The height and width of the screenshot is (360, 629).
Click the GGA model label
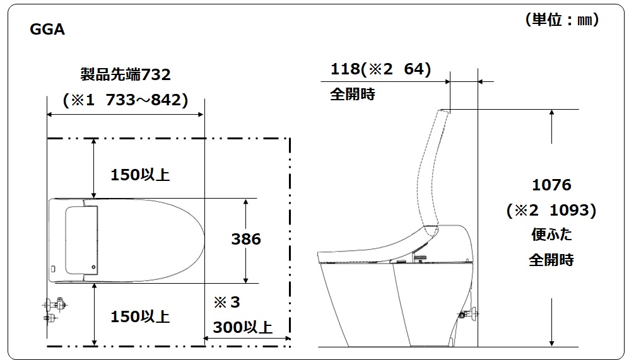tap(47, 29)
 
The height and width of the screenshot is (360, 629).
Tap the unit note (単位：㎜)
tap(562, 20)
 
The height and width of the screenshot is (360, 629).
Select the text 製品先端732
tap(126, 74)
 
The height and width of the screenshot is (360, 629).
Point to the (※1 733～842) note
tap(126, 100)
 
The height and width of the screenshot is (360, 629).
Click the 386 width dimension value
tap(246, 240)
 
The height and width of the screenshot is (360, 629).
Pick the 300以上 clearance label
tap(243, 327)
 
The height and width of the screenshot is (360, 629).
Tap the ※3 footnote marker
tap(226, 302)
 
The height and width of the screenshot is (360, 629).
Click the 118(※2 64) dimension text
tap(380, 69)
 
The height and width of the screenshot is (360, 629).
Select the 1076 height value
tap(551, 185)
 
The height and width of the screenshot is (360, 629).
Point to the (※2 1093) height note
tap(551, 210)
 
